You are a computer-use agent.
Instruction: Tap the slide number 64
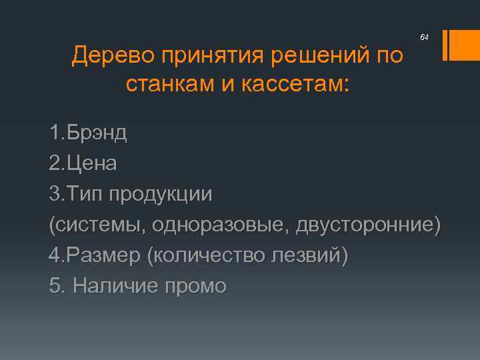[424, 39]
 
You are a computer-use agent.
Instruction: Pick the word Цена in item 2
[93, 163]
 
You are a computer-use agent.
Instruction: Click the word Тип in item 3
[85, 194]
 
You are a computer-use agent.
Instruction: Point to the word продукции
[161, 194]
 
